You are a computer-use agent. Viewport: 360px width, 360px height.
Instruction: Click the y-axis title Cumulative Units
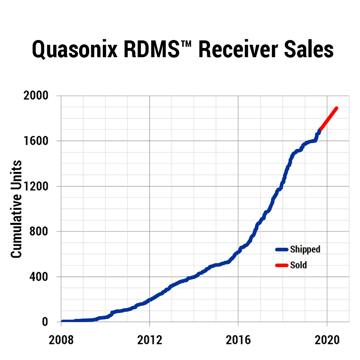pos(16,209)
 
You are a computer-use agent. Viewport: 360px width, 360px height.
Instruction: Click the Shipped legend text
pos(305,249)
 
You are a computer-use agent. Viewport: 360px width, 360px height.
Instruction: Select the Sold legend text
pos(298,265)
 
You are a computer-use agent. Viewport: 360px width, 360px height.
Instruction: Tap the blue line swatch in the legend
pos(282,250)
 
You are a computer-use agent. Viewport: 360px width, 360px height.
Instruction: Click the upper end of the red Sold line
pos(336,108)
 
